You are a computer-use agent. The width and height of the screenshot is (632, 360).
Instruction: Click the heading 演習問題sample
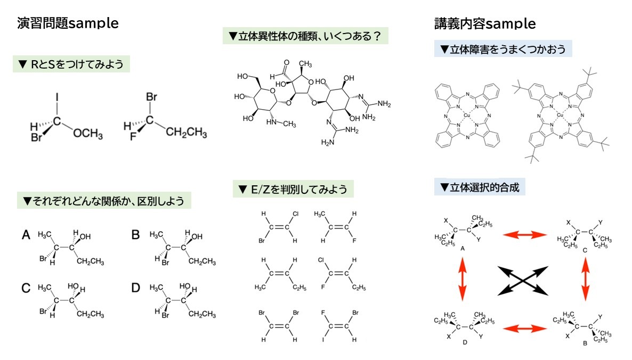pos(68,23)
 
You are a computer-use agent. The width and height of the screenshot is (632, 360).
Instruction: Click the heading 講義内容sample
pos(485,24)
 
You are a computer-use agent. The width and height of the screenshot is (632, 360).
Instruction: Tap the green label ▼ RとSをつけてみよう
pos(71,64)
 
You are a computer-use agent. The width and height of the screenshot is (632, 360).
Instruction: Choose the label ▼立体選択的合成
pos(480,187)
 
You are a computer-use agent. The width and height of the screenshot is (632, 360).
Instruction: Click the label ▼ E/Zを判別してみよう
pos(293,189)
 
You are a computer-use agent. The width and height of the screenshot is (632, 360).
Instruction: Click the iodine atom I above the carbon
pos(57,98)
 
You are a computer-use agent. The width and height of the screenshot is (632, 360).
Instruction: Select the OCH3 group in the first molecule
pos(88,133)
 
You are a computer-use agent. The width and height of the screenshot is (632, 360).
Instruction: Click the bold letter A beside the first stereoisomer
pos(26,234)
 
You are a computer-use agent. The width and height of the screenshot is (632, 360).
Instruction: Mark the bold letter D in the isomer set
pos(136,288)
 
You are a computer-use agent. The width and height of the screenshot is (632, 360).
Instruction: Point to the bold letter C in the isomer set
pos(26,288)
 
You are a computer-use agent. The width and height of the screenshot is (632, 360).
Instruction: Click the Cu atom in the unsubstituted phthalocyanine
pos(467,115)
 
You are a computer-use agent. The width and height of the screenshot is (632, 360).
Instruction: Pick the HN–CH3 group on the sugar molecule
pos(282,124)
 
